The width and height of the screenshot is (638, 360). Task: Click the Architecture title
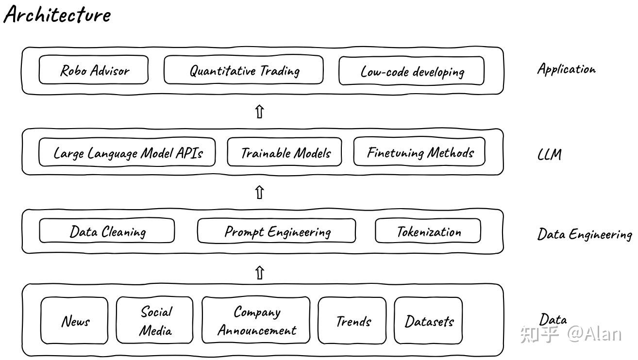57,14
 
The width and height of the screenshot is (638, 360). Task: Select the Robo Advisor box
93,70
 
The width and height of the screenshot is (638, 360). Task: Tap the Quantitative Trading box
244,70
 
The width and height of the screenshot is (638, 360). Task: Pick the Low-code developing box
412,71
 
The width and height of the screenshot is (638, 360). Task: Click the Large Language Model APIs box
127,152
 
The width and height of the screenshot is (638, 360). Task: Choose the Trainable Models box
285,152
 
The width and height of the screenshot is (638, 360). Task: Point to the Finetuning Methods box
420,151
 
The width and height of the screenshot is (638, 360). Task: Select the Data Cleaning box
107,230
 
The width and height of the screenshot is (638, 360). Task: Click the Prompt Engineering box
277,231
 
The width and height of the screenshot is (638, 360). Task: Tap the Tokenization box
428,231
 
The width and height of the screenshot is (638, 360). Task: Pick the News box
74,320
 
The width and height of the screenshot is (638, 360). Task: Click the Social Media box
155,320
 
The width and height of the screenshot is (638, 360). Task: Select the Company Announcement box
256,320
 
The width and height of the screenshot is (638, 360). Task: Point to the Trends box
353,320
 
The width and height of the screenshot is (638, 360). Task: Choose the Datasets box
428,320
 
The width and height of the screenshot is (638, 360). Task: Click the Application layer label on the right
567,69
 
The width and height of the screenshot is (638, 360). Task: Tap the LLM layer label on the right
550,155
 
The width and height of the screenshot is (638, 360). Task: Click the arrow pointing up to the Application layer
259,112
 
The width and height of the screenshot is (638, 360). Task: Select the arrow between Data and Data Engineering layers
259,273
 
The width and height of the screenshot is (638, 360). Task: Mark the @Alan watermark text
594,334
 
